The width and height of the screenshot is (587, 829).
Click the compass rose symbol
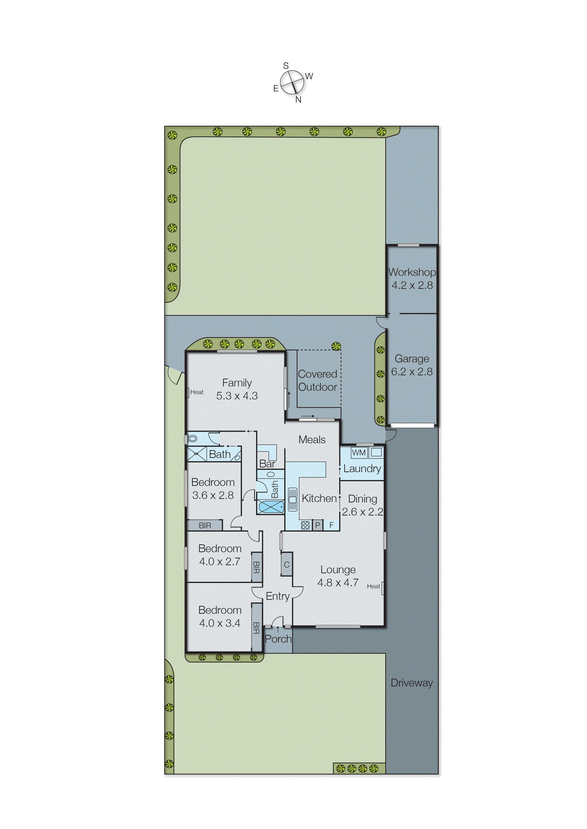point(292,82)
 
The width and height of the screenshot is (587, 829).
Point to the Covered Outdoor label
point(317,380)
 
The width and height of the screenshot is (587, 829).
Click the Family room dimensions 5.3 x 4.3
point(237,396)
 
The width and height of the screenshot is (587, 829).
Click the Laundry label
point(362,469)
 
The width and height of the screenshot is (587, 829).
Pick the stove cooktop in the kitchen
point(305,525)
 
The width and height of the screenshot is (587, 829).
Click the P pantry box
point(318,525)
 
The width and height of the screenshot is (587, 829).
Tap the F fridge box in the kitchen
point(331,525)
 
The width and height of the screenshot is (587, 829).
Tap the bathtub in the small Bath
point(271,507)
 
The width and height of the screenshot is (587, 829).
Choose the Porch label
point(278,639)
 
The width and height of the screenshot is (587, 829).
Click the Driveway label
point(412,683)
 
